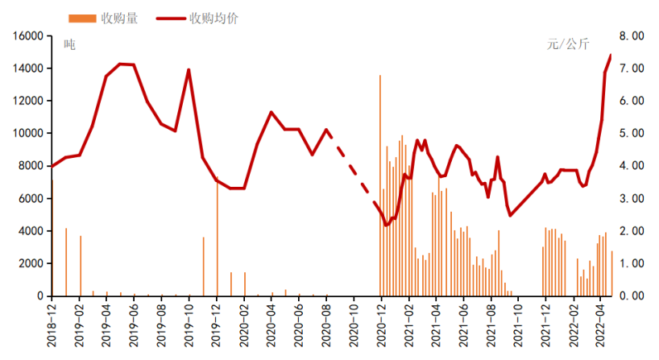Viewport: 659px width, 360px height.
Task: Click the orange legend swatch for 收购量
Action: click(81, 19)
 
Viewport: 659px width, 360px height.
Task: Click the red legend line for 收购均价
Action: click(170, 19)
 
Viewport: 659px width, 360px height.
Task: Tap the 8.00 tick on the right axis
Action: click(632, 36)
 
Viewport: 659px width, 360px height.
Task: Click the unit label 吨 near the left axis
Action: click(69, 45)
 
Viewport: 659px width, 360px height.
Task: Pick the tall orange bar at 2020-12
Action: click(380, 185)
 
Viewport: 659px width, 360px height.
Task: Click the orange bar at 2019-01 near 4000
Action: click(66, 262)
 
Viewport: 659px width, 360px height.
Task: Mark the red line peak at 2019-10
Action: click(189, 70)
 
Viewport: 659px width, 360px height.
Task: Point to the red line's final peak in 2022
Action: click(611, 56)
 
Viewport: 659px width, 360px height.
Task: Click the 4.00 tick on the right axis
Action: click(632, 166)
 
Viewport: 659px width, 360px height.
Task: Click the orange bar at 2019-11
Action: click(203, 266)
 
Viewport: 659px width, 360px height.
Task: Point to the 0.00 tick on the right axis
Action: click(632, 296)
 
